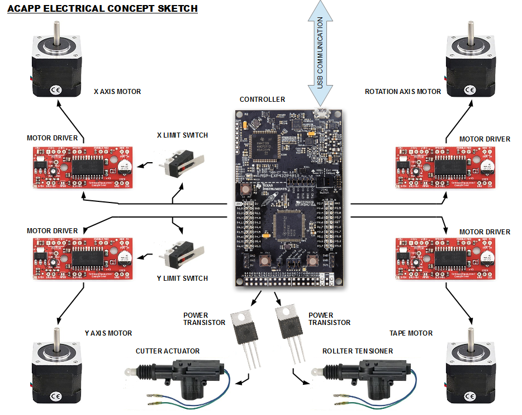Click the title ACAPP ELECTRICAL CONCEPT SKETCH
[102, 9]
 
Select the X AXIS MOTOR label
[117, 92]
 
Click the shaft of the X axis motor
[56, 31]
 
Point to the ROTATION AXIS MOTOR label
[402, 92]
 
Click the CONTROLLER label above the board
[262, 100]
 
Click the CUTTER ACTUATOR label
[167, 351]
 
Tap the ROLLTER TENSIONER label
[357, 351]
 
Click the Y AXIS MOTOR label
[108, 333]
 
